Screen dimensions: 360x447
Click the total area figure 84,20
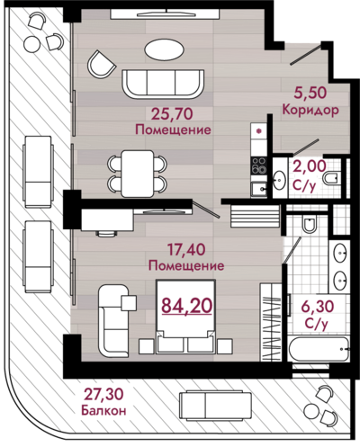pyautogui.click(x=187, y=306)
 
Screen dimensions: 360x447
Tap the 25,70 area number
pyautogui.click(x=172, y=114)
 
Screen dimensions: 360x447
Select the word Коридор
pyautogui.click(x=310, y=110)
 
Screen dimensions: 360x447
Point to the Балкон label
pyautogui.click(x=103, y=410)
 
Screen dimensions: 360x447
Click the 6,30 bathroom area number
pyautogui.click(x=318, y=307)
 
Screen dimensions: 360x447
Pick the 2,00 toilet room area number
pyautogui.click(x=310, y=165)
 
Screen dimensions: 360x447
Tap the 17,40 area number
pyautogui.click(x=186, y=250)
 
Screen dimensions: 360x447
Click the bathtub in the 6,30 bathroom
pyautogui.click(x=319, y=349)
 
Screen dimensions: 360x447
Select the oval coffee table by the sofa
pyautogui.click(x=164, y=50)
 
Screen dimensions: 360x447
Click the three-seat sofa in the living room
pyautogui.click(x=163, y=84)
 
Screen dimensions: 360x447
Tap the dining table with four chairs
pyautogui.click(x=137, y=174)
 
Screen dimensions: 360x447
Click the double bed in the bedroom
pyautogui.click(x=185, y=317)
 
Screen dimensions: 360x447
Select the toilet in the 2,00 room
pyautogui.click(x=331, y=178)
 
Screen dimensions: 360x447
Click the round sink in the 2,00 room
pyautogui.click(x=279, y=180)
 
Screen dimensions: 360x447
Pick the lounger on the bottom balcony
pyautogui.click(x=215, y=406)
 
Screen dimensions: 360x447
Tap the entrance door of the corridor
pyautogui.click(x=306, y=54)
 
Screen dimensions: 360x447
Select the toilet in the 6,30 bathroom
pyautogui.click(x=309, y=224)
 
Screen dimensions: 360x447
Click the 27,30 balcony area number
pyautogui.click(x=103, y=395)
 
